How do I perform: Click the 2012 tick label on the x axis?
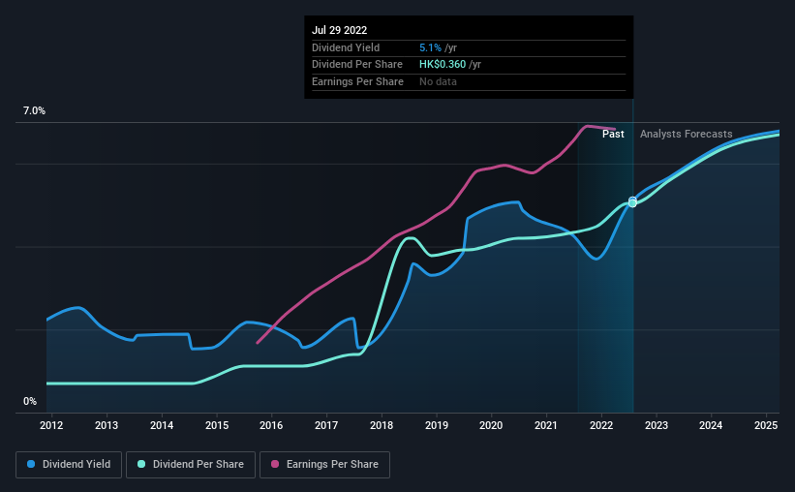(x=51, y=425)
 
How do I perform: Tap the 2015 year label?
(x=217, y=425)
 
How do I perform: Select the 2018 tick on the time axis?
(x=382, y=425)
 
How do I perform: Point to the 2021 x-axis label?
(x=546, y=425)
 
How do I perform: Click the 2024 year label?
(x=711, y=425)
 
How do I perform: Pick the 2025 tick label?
(x=766, y=425)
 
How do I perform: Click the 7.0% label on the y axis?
(x=34, y=111)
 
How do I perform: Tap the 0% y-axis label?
(x=30, y=401)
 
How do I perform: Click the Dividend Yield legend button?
(x=69, y=465)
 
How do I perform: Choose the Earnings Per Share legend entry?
(x=324, y=465)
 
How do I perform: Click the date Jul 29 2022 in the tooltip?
(x=340, y=30)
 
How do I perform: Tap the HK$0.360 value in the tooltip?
(x=443, y=65)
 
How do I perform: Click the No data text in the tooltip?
(x=438, y=82)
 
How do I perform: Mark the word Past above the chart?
(x=613, y=134)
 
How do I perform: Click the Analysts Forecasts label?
(x=686, y=134)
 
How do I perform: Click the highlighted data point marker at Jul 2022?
(x=632, y=201)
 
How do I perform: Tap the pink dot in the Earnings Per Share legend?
(x=275, y=465)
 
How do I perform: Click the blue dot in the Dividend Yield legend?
(x=31, y=465)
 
